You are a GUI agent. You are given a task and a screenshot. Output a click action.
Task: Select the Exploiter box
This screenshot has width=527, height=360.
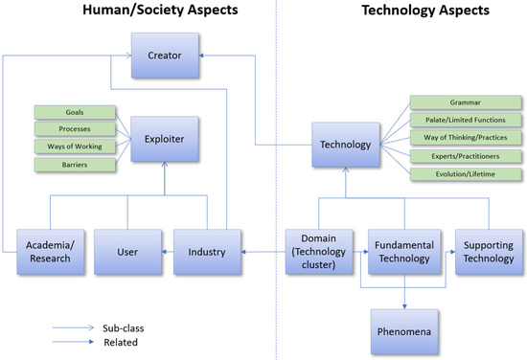[166, 138]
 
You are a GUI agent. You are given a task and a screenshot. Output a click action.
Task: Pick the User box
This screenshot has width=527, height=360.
[127, 253]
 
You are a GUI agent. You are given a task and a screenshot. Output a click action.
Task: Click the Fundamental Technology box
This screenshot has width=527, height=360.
[402, 253]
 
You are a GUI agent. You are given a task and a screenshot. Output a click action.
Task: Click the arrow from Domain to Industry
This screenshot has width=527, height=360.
[263, 253]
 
